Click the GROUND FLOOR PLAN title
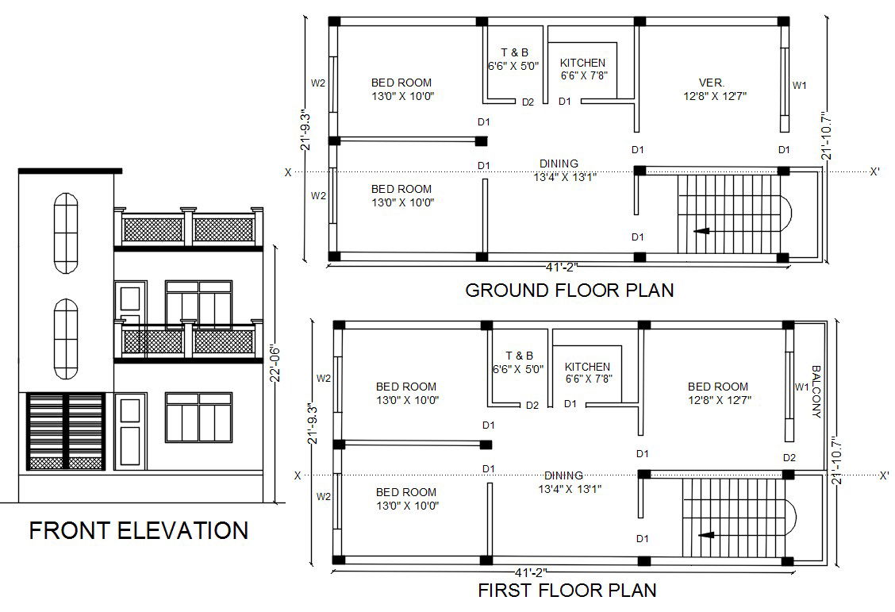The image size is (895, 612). tap(569, 290)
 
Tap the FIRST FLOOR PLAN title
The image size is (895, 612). tap(567, 590)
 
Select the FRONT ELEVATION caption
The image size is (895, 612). tap(139, 530)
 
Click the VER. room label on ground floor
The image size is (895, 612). tap(711, 83)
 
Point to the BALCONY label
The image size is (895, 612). tap(816, 391)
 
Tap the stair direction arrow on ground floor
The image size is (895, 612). tap(701, 231)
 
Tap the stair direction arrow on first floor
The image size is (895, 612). tap(706, 535)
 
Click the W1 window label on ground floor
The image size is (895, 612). tap(800, 86)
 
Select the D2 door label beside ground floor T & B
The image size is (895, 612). tap(528, 102)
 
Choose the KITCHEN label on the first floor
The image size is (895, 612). tap(587, 367)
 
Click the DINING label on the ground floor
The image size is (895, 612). tap(559, 164)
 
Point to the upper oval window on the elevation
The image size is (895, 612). tap(66, 233)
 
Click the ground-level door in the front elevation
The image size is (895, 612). tap(131, 431)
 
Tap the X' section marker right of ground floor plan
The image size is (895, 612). tap(874, 171)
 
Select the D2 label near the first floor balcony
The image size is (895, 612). tap(789, 457)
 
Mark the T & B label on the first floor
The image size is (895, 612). tap(519, 356)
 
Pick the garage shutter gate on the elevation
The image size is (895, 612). tap(66, 431)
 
